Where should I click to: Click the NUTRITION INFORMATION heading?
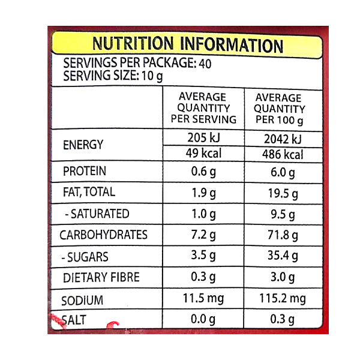187,44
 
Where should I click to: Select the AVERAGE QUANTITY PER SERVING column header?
203,108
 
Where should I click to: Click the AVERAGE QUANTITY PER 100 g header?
279,109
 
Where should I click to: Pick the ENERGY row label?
83,145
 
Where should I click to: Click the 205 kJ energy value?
203,139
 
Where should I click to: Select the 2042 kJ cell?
279,139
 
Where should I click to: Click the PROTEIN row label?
85,172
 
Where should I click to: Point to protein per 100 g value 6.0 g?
279,172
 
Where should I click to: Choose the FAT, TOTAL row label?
89,193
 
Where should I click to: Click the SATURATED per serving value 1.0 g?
203,214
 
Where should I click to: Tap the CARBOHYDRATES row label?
103,235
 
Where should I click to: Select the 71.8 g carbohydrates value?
279,235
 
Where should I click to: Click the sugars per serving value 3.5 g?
203,256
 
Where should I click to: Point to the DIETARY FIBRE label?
101,277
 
